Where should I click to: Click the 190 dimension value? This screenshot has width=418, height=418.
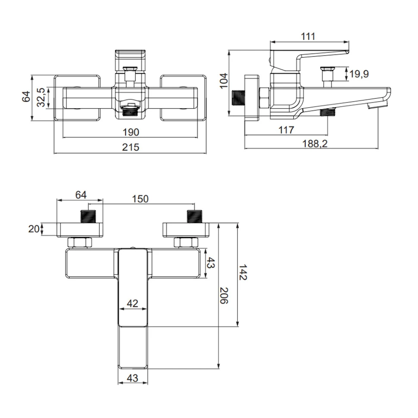[131, 132]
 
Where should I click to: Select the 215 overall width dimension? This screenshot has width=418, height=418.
[131, 147]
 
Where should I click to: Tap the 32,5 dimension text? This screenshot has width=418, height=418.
[41, 97]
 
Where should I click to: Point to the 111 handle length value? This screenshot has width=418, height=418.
[308, 36]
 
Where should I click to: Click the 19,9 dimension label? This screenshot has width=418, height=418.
[359, 74]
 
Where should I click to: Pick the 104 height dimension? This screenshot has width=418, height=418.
[223, 81]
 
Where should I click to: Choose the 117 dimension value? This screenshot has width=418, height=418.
[286, 130]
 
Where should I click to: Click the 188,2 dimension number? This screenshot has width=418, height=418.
[315, 143]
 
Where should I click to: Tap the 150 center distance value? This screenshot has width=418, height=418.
[140, 199]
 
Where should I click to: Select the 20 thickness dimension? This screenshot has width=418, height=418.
[34, 229]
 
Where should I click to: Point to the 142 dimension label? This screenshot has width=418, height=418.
[243, 272]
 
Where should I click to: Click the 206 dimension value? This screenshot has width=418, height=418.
[224, 296]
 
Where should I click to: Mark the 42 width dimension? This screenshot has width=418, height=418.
[132, 303]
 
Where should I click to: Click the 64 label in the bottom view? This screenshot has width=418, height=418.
[81, 195]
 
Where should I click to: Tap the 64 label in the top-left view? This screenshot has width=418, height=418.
[26, 97]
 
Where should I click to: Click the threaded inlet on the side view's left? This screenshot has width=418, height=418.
[238, 98]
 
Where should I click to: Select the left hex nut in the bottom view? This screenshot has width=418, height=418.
[80, 243]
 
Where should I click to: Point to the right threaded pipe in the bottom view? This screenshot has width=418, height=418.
[195, 216]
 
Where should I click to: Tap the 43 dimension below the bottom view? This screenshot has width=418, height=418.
[133, 378]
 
